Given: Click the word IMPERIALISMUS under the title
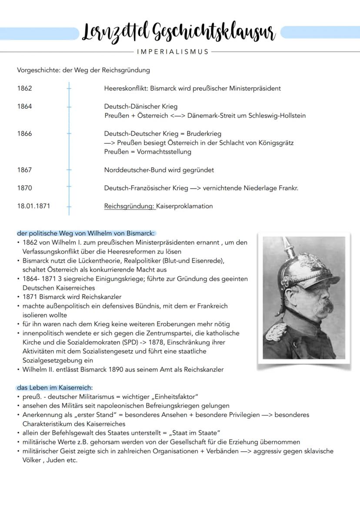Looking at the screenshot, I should [x=173, y=52].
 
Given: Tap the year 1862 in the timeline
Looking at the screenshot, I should [x=25, y=88].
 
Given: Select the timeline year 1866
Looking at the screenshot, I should [x=25, y=133].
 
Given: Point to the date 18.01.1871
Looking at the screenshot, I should [x=33, y=206].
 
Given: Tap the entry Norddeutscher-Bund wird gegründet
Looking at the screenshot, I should [x=159, y=170].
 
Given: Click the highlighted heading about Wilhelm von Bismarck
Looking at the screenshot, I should [x=86, y=233].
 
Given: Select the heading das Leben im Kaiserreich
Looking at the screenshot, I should [x=55, y=387].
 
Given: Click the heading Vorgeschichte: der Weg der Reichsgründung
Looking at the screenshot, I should [x=83, y=70].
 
